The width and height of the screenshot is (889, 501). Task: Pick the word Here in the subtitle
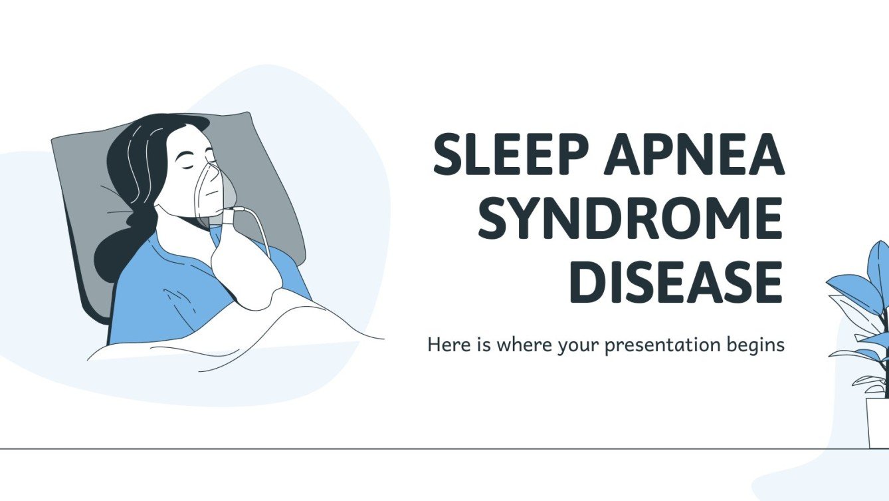tap(445, 345)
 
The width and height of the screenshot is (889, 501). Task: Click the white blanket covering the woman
tap(252, 333)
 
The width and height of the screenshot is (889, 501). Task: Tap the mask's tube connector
tap(232, 215)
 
